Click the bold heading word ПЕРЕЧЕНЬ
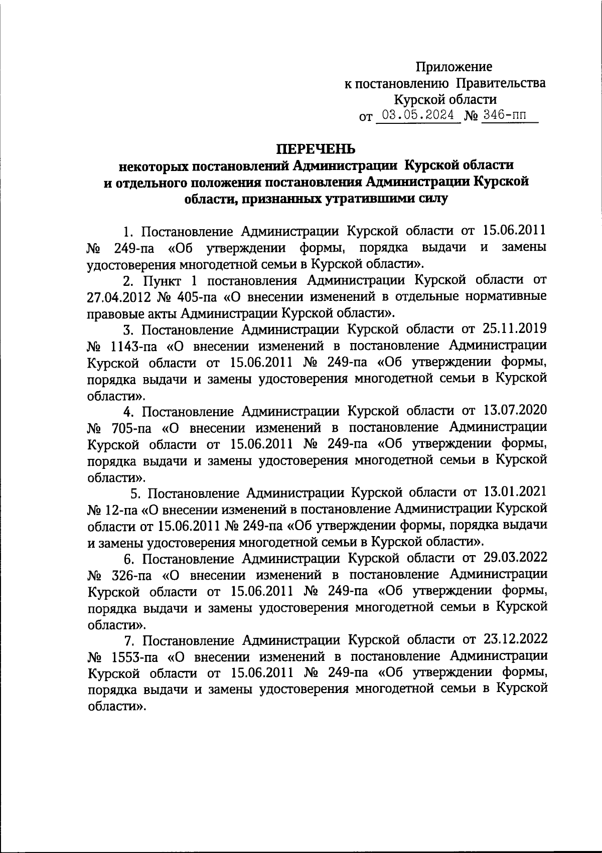click(x=316, y=149)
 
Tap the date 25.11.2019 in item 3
click(x=515, y=329)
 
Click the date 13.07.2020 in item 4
click(x=515, y=411)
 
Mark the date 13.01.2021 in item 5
click(x=515, y=493)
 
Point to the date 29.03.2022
click(x=515, y=558)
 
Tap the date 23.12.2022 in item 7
click(x=515, y=640)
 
